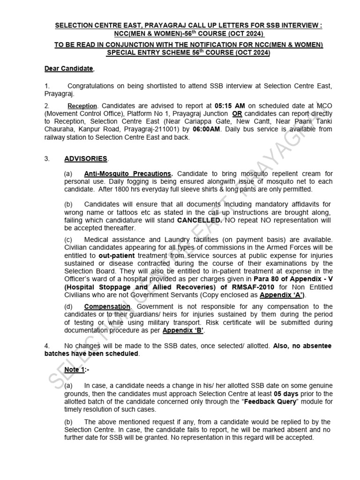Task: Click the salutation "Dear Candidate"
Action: point(69,69)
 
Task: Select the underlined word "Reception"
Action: point(82,106)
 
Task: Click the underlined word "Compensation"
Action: point(107,307)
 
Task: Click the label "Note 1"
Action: point(75,370)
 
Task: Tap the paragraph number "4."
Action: point(47,345)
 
